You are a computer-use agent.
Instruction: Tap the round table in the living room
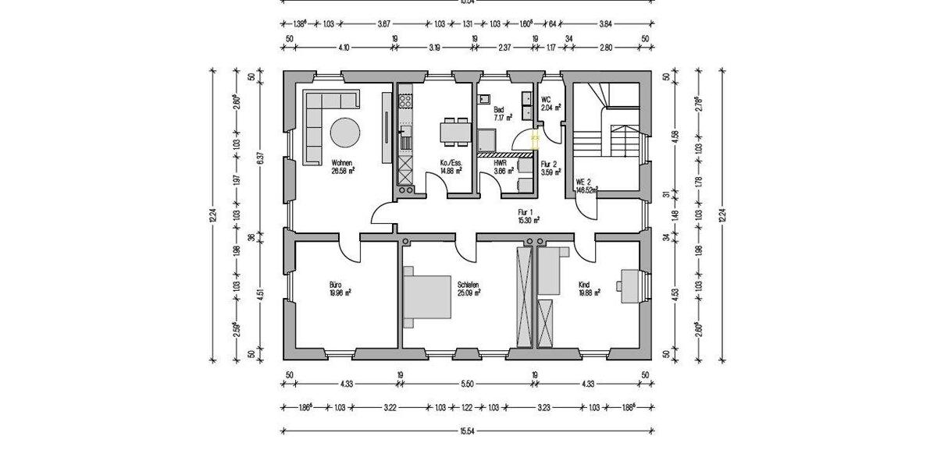(x=344, y=132)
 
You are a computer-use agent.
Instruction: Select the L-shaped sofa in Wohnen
(x=320, y=117)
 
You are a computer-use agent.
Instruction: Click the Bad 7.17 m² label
(x=502, y=114)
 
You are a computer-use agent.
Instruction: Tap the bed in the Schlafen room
(x=427, y=298)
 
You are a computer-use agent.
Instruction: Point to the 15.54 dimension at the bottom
(x=468, y=431)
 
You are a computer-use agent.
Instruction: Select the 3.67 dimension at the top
(x=383, y=24)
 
